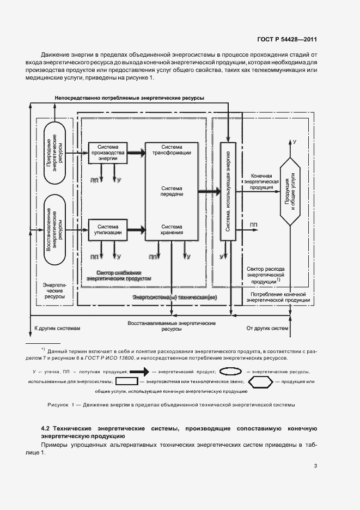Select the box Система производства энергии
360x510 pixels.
107,153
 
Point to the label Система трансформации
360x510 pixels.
172,150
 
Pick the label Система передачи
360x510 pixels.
172,191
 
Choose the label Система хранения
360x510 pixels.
172,229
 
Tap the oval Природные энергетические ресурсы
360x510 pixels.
54,147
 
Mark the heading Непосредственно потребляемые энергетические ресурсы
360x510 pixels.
130,98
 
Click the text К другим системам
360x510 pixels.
57,329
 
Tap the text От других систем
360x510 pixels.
267,329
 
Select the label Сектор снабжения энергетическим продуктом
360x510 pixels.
119,275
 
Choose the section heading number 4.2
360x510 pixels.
47,428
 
